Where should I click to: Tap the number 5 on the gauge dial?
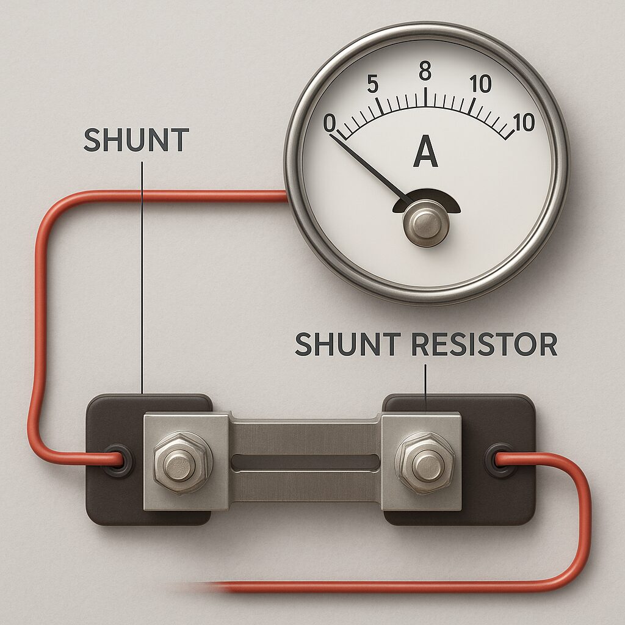(x=373, y=85)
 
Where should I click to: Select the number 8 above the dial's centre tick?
(x=425, y=72)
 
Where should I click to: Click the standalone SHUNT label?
(x=136, y=140)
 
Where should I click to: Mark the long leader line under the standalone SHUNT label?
(x=142, y=275)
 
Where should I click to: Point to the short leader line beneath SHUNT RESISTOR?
(x=425, y=381)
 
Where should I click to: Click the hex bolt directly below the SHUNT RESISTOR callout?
(x=425, y=462)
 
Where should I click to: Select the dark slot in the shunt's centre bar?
(x=305, y=461)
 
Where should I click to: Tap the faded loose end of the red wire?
(x=195, y=587)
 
